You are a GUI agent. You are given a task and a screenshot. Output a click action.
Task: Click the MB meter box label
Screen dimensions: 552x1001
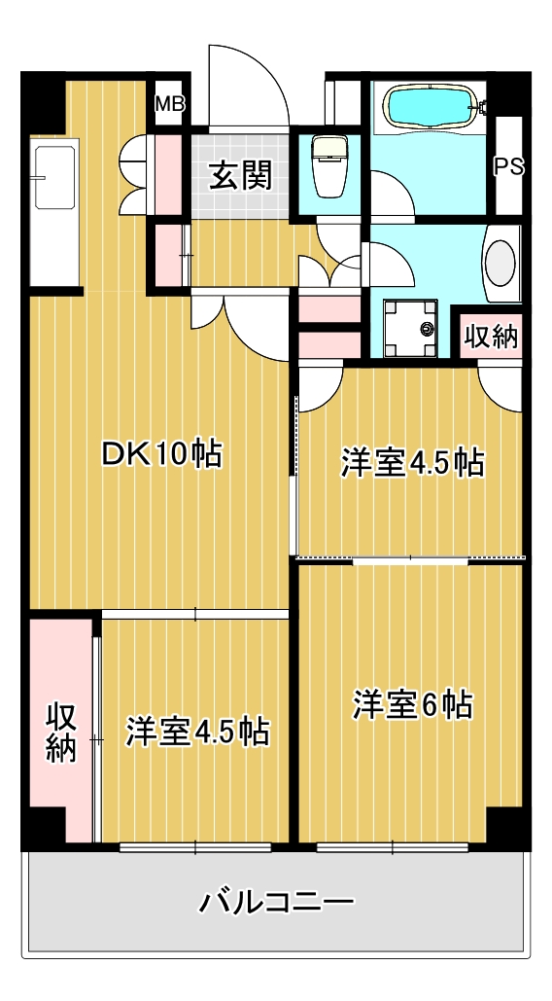pos(169,103)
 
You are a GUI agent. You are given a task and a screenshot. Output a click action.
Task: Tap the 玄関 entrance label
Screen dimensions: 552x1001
pos(241,174)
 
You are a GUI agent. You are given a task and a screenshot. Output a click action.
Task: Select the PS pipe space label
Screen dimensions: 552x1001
pos(509,166)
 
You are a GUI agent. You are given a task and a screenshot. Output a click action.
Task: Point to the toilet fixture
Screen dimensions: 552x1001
pos(328,166)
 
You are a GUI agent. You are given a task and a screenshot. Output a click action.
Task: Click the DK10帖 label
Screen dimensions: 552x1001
pos(162,454)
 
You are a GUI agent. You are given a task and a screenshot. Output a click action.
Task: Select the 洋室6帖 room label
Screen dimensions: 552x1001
pos(413,705)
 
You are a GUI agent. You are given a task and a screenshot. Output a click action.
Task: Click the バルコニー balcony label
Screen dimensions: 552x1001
pos(277,902)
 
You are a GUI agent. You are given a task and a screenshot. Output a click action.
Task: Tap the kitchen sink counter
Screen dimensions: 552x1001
pos(55,213)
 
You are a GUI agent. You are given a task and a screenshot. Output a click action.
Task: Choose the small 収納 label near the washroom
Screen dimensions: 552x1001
pos(491,336)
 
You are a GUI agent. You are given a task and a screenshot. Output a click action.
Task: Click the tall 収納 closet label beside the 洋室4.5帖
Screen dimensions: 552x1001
pos(61,732)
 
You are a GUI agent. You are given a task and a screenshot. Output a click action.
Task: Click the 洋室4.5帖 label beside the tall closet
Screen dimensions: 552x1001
pos(197,732)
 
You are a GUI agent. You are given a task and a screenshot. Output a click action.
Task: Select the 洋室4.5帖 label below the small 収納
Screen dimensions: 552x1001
pos(412,463)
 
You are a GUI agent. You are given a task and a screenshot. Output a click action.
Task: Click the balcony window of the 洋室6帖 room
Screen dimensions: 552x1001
pos(393,847)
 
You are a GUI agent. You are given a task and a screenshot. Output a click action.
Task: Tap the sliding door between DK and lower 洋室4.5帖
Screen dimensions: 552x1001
pos(195,614)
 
